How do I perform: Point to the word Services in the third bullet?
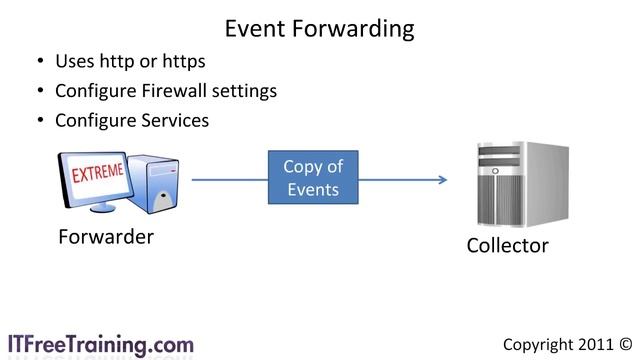click(174, 120)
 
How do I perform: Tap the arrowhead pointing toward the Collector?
click(440, 180)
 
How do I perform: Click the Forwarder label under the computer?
click(105, 238)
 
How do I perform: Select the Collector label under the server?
click(507, 245)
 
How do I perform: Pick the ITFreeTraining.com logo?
click(100, 343)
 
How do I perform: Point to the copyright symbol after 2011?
click(626, 344)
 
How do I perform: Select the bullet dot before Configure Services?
click(40, 121)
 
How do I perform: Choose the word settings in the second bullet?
click(244, 92)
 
